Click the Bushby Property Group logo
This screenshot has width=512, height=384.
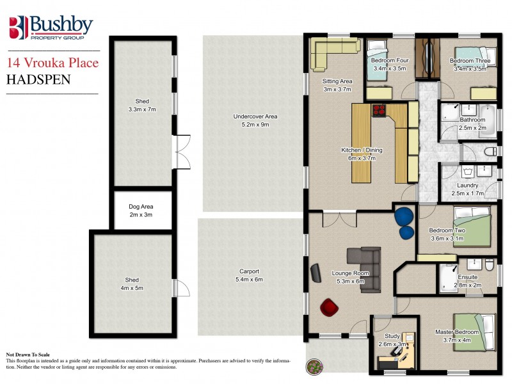point(51,28)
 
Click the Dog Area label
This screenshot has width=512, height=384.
point(141,207)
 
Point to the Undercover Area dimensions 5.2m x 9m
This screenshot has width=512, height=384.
point(255,125)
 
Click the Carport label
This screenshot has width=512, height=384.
point(249,271)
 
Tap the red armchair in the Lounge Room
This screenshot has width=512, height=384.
point(330,308)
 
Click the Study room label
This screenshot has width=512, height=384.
point(392,336)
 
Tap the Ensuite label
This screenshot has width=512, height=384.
point(468,277)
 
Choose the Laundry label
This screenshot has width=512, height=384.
point(468,186)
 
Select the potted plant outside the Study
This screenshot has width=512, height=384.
point(314,367)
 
